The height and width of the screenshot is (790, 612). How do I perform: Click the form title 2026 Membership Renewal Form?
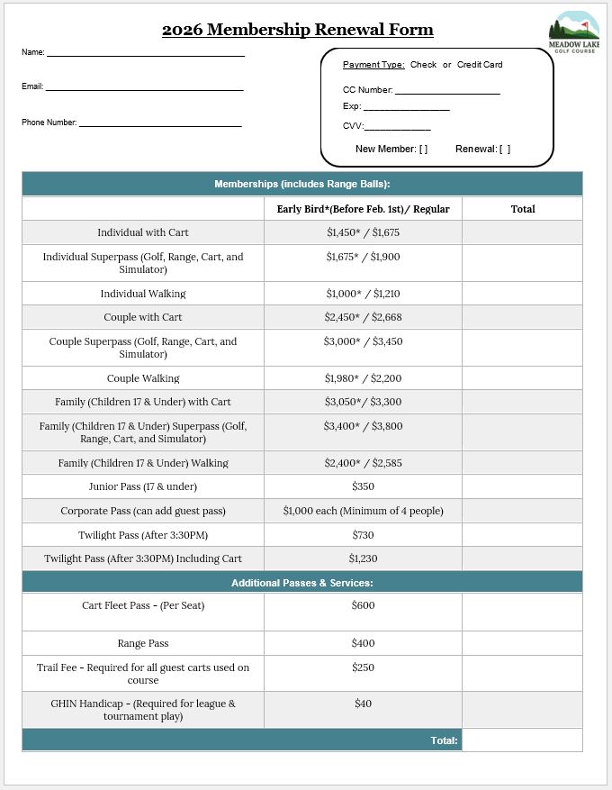pyautogui.click(x=297, y=30)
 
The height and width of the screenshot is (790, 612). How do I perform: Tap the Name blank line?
pyautogui.click(x=145, y=55)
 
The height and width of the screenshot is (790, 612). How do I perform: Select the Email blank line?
pyautogui.click(x=144, y=89)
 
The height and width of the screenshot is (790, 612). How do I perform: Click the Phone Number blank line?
pyautogui.click(x=160, y=125)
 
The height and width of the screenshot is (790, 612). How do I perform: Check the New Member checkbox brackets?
pyautogui.click(x=423, y=150)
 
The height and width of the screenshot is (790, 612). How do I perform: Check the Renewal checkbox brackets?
pyautogui.click(x=505, y=150)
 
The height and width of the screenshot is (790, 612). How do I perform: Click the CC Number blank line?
pyautogui.click(x=447, y=93)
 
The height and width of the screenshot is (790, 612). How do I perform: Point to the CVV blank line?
pyautogui.click(x=397, y=129)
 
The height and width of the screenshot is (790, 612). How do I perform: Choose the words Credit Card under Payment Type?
pyautogui.click(x=480, y=65)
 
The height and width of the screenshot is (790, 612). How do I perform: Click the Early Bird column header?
pyautogui.click(x=363, y=209)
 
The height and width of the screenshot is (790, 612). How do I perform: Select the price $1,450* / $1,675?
pyautogui.click(x=363, y=232)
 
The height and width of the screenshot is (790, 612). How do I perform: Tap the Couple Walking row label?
pyautogui.click(x=143, y=378)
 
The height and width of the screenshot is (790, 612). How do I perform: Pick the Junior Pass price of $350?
pyautogui.click(x=363, y=486)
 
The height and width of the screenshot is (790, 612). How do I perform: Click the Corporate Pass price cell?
pyautogui.click(x=363, y=511)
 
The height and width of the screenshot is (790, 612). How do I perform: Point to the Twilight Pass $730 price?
pyautogui.click(x=363, y=535)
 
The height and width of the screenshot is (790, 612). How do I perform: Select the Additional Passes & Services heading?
pyautogui.click(x=301, y=583)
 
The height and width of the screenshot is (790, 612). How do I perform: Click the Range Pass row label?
pyautogui.click(x=143, y=643)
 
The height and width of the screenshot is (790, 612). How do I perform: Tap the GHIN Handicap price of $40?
pyautogui.click(x=363, y=704)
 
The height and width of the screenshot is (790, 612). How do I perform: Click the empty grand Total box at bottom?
pyautogui.click(x=522, y=740)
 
